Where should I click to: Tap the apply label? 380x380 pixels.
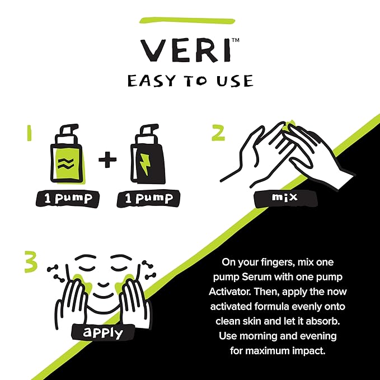point(101,332)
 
